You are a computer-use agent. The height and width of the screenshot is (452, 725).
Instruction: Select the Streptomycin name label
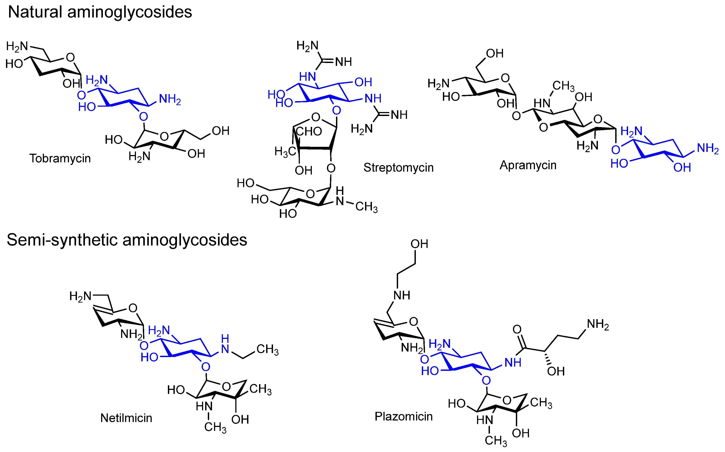[398, 168]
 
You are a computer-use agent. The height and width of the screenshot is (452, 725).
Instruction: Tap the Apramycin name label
[528, 165]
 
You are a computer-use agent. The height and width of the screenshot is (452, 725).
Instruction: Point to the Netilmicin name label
[126, 418]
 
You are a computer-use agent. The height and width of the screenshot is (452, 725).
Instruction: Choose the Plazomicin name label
[403, 417]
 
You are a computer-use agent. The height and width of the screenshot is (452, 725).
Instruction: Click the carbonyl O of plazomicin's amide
[517, 329]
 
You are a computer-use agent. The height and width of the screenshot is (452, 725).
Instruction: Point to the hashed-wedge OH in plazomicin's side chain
[556, 371]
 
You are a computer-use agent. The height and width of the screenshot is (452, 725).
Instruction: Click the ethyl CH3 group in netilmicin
[267, 349]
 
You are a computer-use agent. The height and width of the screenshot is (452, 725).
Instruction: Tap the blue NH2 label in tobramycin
[170, 99]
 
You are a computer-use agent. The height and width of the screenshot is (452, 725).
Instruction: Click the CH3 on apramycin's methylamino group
[563, 86]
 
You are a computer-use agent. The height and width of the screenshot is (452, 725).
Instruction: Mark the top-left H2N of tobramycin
[17, 46]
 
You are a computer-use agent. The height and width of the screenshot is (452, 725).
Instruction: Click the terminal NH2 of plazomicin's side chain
[598, 324]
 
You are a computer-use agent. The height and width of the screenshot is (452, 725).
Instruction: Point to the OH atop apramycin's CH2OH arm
[495, 53]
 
